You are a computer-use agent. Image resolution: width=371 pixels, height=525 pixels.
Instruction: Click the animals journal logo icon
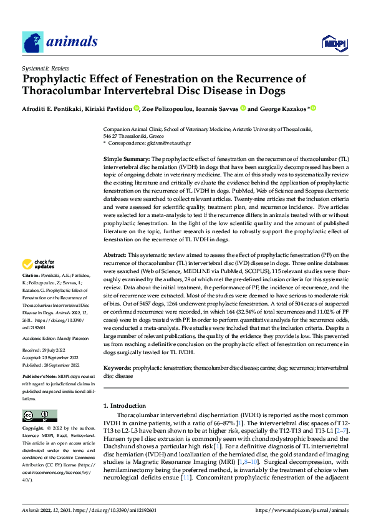coord(31,41)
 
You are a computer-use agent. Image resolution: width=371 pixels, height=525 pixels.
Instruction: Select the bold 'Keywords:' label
coord(117,369)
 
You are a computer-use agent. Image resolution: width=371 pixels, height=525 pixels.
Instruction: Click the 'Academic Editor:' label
coord(39,338)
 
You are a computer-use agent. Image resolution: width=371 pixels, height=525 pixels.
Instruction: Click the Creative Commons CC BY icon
coord(39,416)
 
